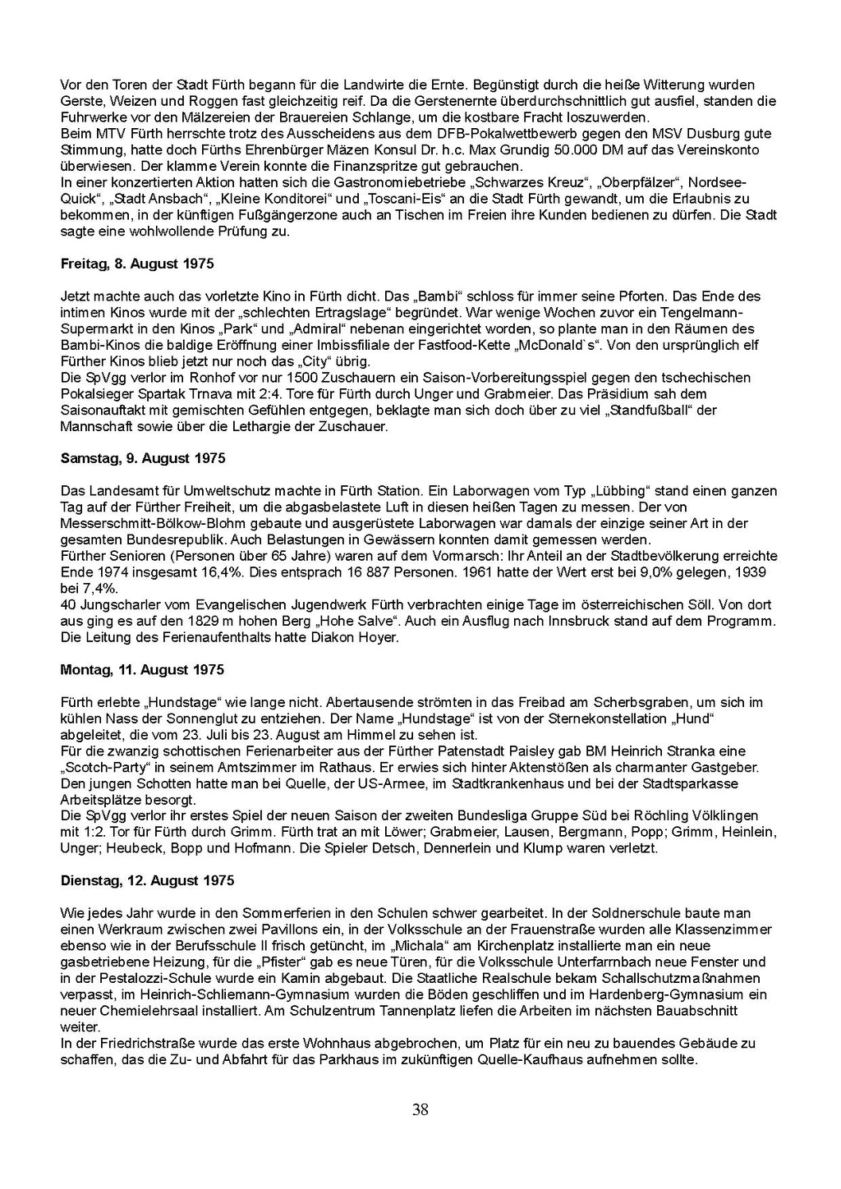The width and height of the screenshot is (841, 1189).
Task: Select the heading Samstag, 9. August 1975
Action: [143, 458]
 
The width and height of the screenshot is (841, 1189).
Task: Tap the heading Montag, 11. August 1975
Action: [141, 669]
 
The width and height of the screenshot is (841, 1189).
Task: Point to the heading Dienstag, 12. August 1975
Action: [147, 880]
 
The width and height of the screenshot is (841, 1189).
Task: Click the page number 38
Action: [420, 1110]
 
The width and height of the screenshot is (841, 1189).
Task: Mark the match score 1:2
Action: [76, 832]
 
